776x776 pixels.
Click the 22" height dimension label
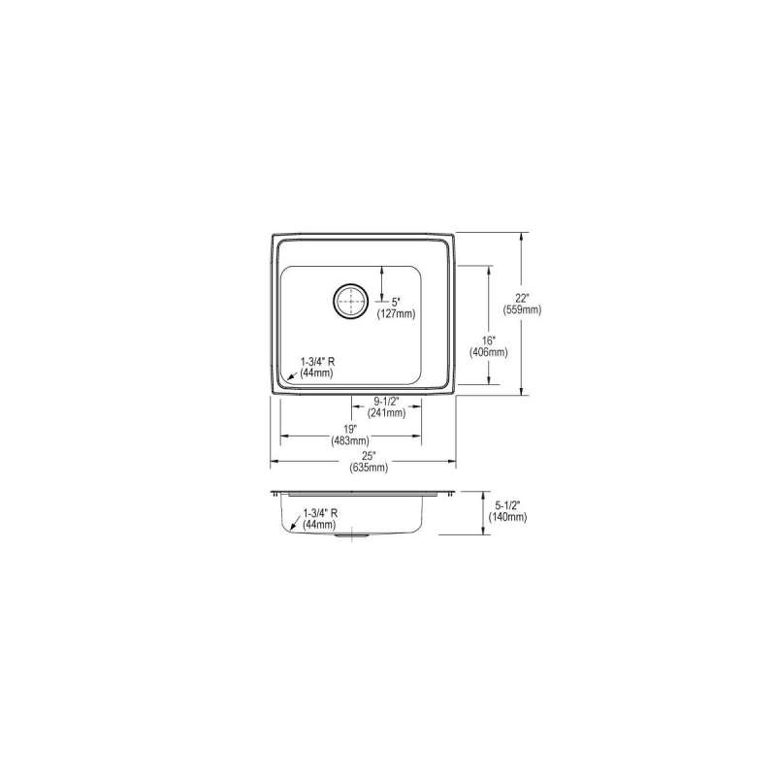click(522, 299)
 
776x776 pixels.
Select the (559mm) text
click(522, 310)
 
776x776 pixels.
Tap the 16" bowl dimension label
click(489, 341)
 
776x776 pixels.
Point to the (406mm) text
click(489, 352)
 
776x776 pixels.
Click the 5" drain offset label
click(395, 303)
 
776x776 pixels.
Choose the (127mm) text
click(397, 313)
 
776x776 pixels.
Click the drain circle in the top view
click(351, 301)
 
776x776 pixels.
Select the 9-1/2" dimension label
click(386, 402)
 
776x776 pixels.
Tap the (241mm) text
click(386, 413)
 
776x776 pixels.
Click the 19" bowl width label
click(350, 429)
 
